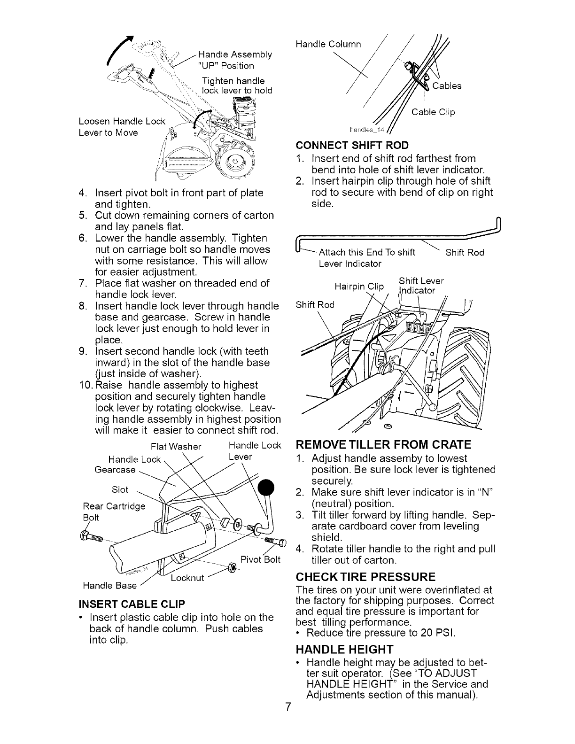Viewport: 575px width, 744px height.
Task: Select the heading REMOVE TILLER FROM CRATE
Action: [382, 444]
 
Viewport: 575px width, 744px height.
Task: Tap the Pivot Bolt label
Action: [260, 559]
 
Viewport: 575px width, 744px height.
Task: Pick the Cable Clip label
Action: [433, 112]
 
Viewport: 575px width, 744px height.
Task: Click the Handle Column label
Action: [328, 44]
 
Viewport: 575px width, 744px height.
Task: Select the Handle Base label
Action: [109, 585]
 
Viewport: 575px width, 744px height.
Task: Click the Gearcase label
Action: [115, 470]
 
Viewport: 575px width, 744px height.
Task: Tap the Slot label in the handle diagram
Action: [120, 489]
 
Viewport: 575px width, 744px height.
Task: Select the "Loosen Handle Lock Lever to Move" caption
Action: [122, 127]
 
